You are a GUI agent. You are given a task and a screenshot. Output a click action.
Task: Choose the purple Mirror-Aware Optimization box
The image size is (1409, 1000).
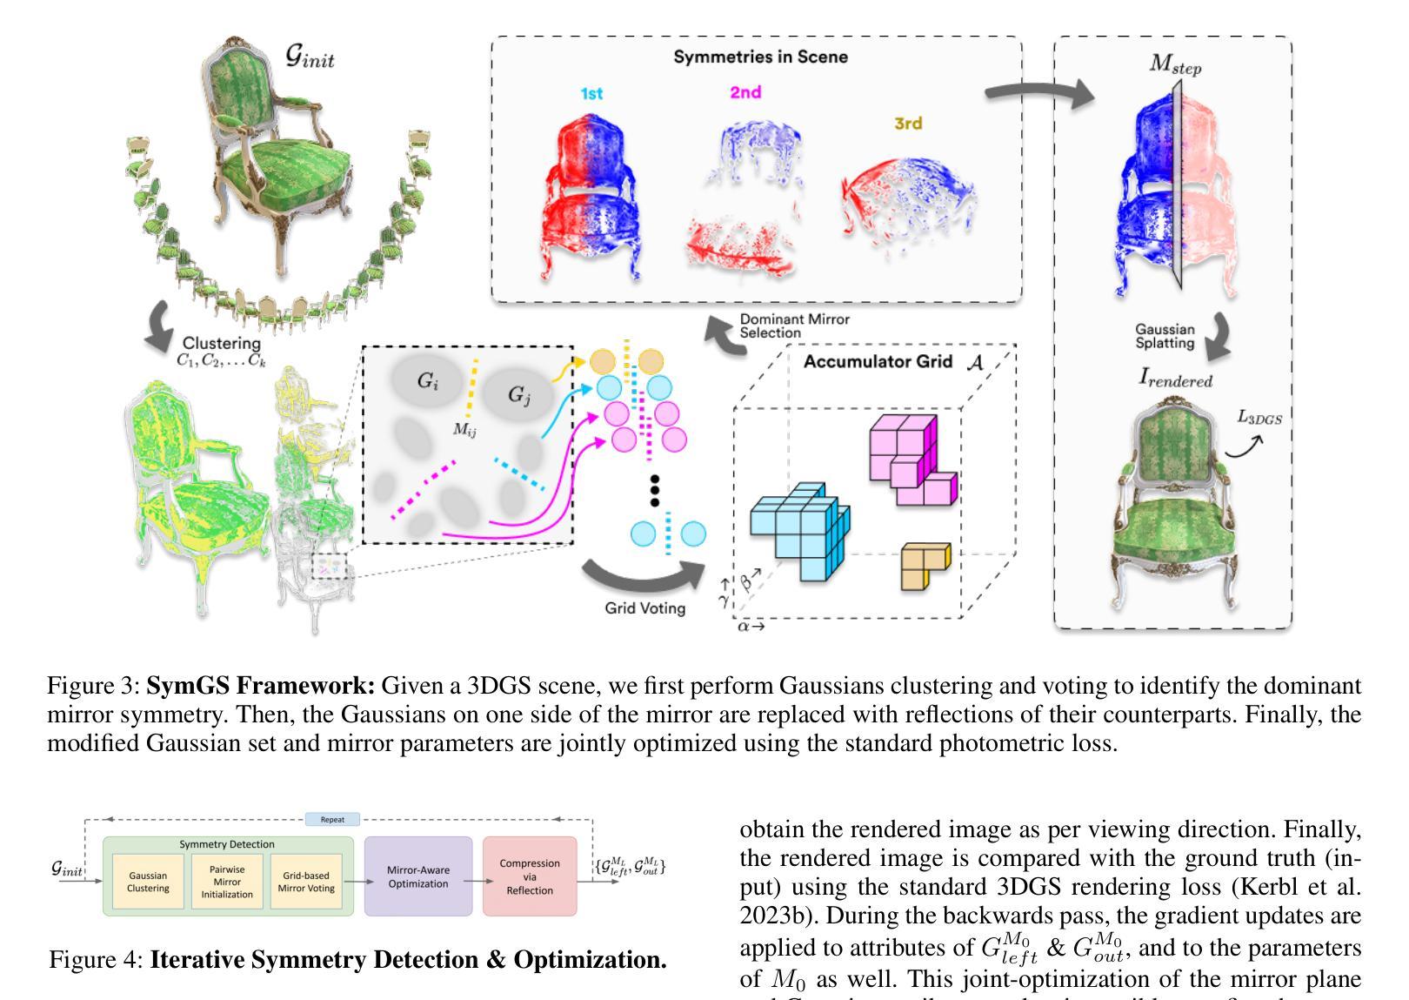[x=418, y=876]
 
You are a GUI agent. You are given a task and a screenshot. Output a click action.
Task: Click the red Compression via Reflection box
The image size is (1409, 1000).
[x=530, y=876]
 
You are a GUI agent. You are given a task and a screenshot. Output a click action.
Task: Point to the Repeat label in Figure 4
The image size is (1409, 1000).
[x=332, y=819]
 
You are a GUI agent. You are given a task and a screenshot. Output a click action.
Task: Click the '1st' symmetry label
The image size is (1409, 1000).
[x=591, y=94]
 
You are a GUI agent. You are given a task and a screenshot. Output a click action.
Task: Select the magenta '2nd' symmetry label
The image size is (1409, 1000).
[x=745, y=92]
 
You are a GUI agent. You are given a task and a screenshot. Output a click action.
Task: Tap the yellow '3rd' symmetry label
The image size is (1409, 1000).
[x=907, y=124]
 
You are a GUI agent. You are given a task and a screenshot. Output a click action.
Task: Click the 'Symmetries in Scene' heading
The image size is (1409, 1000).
[x=760, y=57]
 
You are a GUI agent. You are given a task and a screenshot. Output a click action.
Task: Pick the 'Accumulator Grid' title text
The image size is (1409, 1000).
[x=878, y=361]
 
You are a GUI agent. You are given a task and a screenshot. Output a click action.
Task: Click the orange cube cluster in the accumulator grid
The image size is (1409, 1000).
[x=925, y=566]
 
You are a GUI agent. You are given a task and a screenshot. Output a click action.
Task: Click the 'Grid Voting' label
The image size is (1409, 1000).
[x=644, y=608]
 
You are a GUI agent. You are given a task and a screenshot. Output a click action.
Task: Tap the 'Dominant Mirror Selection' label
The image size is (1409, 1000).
[x=794, y=326]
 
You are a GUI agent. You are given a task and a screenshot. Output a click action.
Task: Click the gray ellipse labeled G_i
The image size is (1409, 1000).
[x=427, y=380]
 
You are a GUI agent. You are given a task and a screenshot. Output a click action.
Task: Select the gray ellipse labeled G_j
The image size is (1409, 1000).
[x=518, y=395]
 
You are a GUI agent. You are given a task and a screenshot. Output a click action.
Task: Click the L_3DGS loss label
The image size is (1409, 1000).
[x=1259, y=418]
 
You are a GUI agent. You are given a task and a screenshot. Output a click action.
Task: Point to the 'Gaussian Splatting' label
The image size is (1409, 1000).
[x=1165, y=336]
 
